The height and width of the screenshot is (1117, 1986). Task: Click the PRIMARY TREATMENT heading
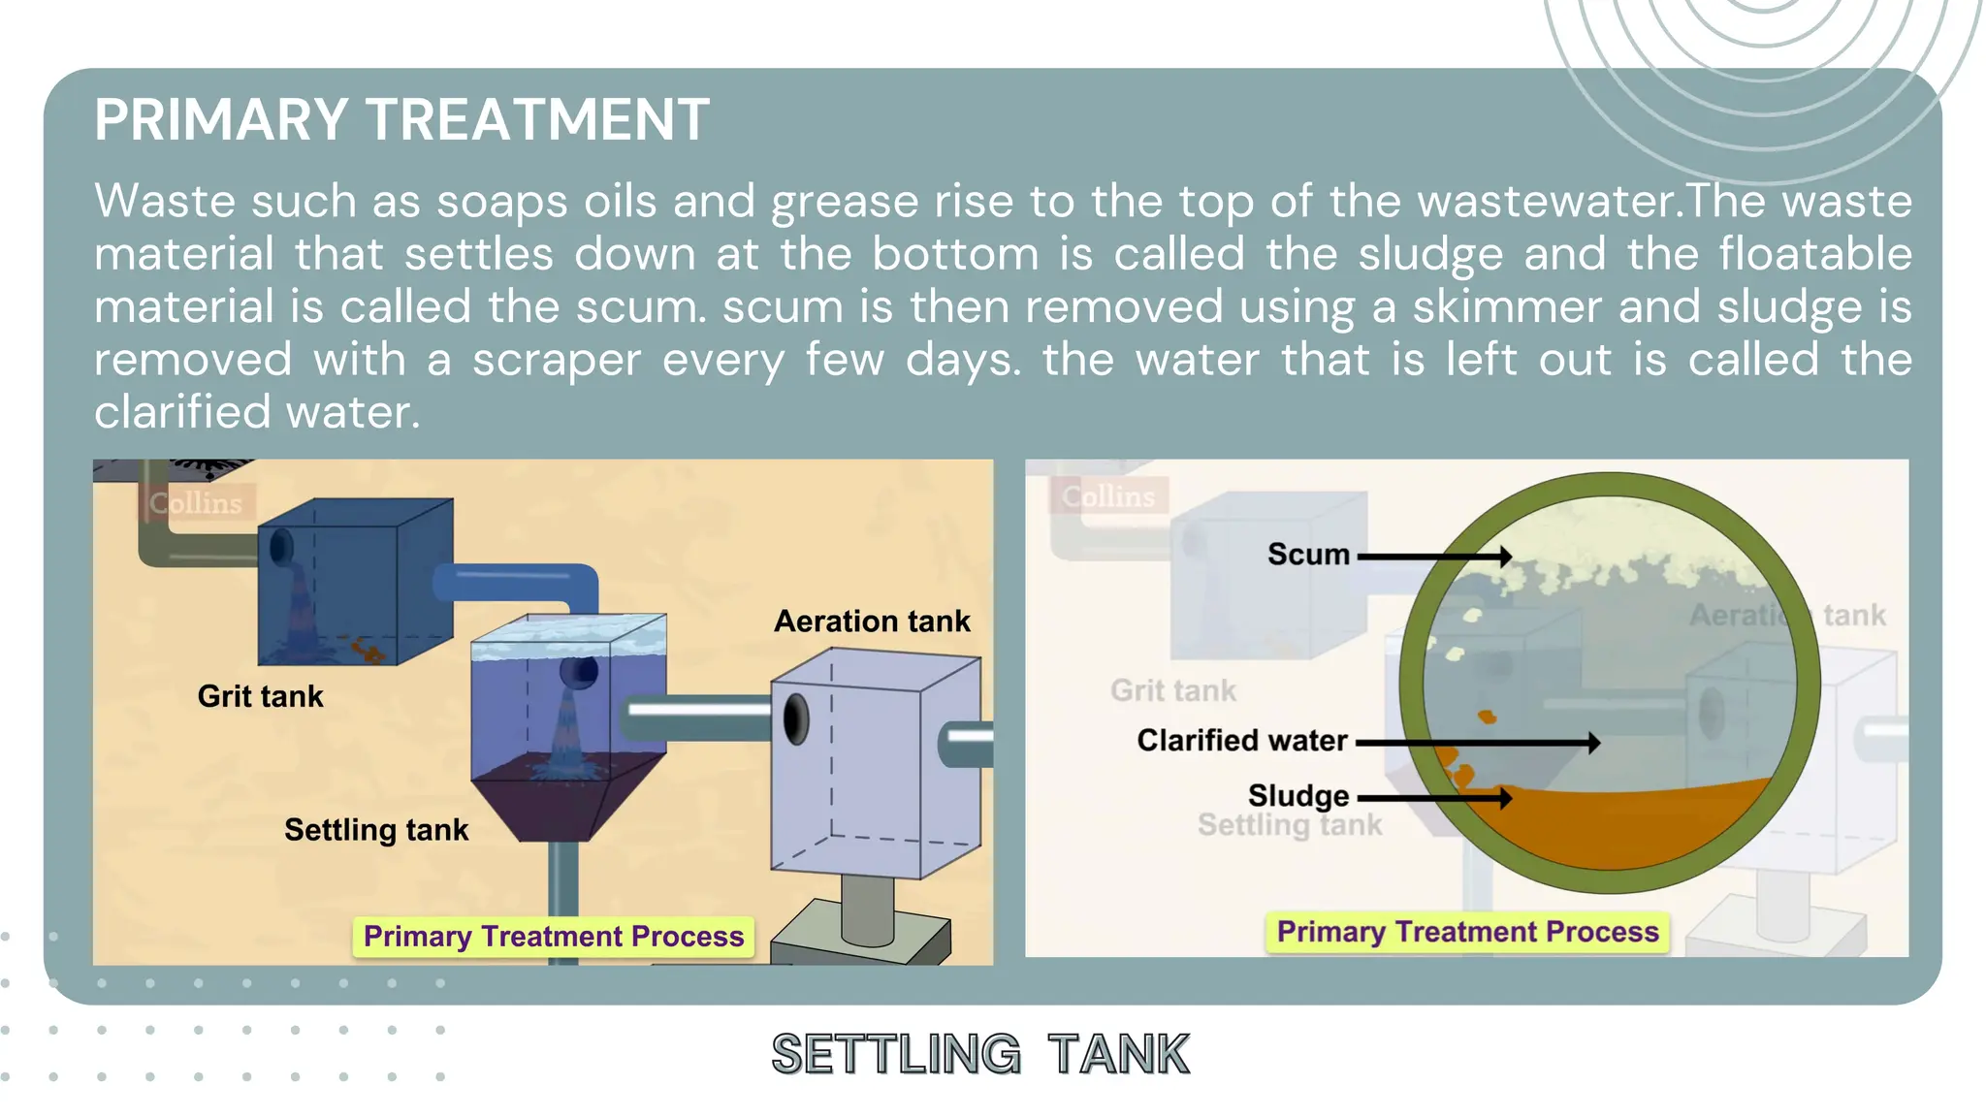[x=401, y=119]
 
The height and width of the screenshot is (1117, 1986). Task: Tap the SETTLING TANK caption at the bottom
[x=980, y=1054]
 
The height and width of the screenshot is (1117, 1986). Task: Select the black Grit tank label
[x=260, y=696]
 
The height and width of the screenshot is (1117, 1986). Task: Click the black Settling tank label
[x=376, y=830]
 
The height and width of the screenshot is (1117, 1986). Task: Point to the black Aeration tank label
[x=872, y=622]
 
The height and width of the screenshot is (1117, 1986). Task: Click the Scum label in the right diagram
[x=1308, y=555]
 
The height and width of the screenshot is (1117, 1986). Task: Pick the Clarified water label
[x=1242, y=741]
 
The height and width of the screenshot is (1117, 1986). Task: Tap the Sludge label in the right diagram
[x=1298, y=796]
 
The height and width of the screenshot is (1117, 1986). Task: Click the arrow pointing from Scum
[x=1435, y=557]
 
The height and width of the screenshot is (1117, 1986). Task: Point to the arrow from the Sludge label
[x=1435, y=798]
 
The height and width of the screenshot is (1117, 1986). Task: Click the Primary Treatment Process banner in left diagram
[x=554, y=937]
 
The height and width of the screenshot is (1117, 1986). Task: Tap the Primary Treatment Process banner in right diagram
[x=1467, y=932]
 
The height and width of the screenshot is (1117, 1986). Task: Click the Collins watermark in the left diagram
[x=196, y=503]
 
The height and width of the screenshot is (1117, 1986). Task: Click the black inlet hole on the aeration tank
[x=796, y=719]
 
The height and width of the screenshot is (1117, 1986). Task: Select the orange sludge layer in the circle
[x=1610, y=824]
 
